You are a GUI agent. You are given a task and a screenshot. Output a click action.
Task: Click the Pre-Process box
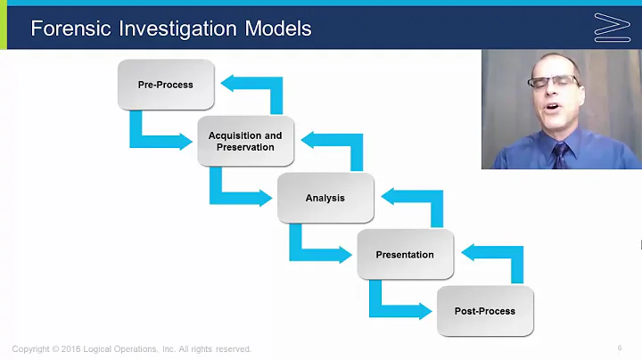point(165,85)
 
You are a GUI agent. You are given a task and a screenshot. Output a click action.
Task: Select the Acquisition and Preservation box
point(245,141)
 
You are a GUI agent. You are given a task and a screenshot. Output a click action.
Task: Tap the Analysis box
point(325,198)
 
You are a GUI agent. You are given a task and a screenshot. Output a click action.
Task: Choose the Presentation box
point(404,254)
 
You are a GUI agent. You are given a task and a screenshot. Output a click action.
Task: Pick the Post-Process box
point(484,311)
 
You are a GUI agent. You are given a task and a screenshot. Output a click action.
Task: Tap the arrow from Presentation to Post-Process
point(393,304)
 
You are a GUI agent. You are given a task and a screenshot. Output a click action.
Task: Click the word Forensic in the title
point(66,29)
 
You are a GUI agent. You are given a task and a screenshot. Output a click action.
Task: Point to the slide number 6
point(619,348)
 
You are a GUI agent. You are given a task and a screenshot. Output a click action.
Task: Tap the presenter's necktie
point(559,153)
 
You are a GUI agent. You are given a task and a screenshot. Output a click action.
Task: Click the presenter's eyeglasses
point(553,82)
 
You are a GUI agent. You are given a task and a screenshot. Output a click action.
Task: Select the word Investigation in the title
point(171,29)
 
